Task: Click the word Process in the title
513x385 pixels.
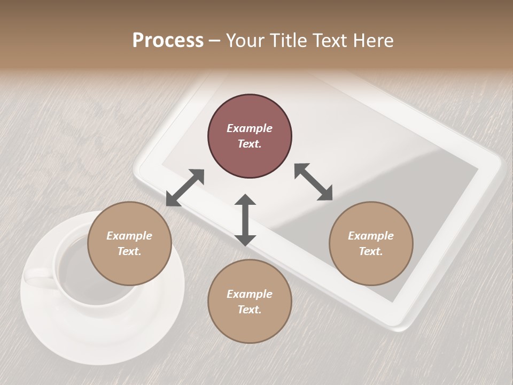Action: tap(168, 41)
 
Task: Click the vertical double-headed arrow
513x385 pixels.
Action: tap(245, 220)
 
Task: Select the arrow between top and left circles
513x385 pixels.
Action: tap(185, 188)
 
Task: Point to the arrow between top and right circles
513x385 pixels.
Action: tap(313, 182)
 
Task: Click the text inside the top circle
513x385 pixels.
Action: tap(250, 136)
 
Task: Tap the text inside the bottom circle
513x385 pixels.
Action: tap(250, 302)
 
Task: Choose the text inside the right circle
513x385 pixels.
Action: tap(371, 243)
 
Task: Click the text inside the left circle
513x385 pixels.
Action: tap(129, 243)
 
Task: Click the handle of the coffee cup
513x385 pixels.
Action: tap(38, 279)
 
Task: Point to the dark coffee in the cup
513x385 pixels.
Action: tap(75, 262)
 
